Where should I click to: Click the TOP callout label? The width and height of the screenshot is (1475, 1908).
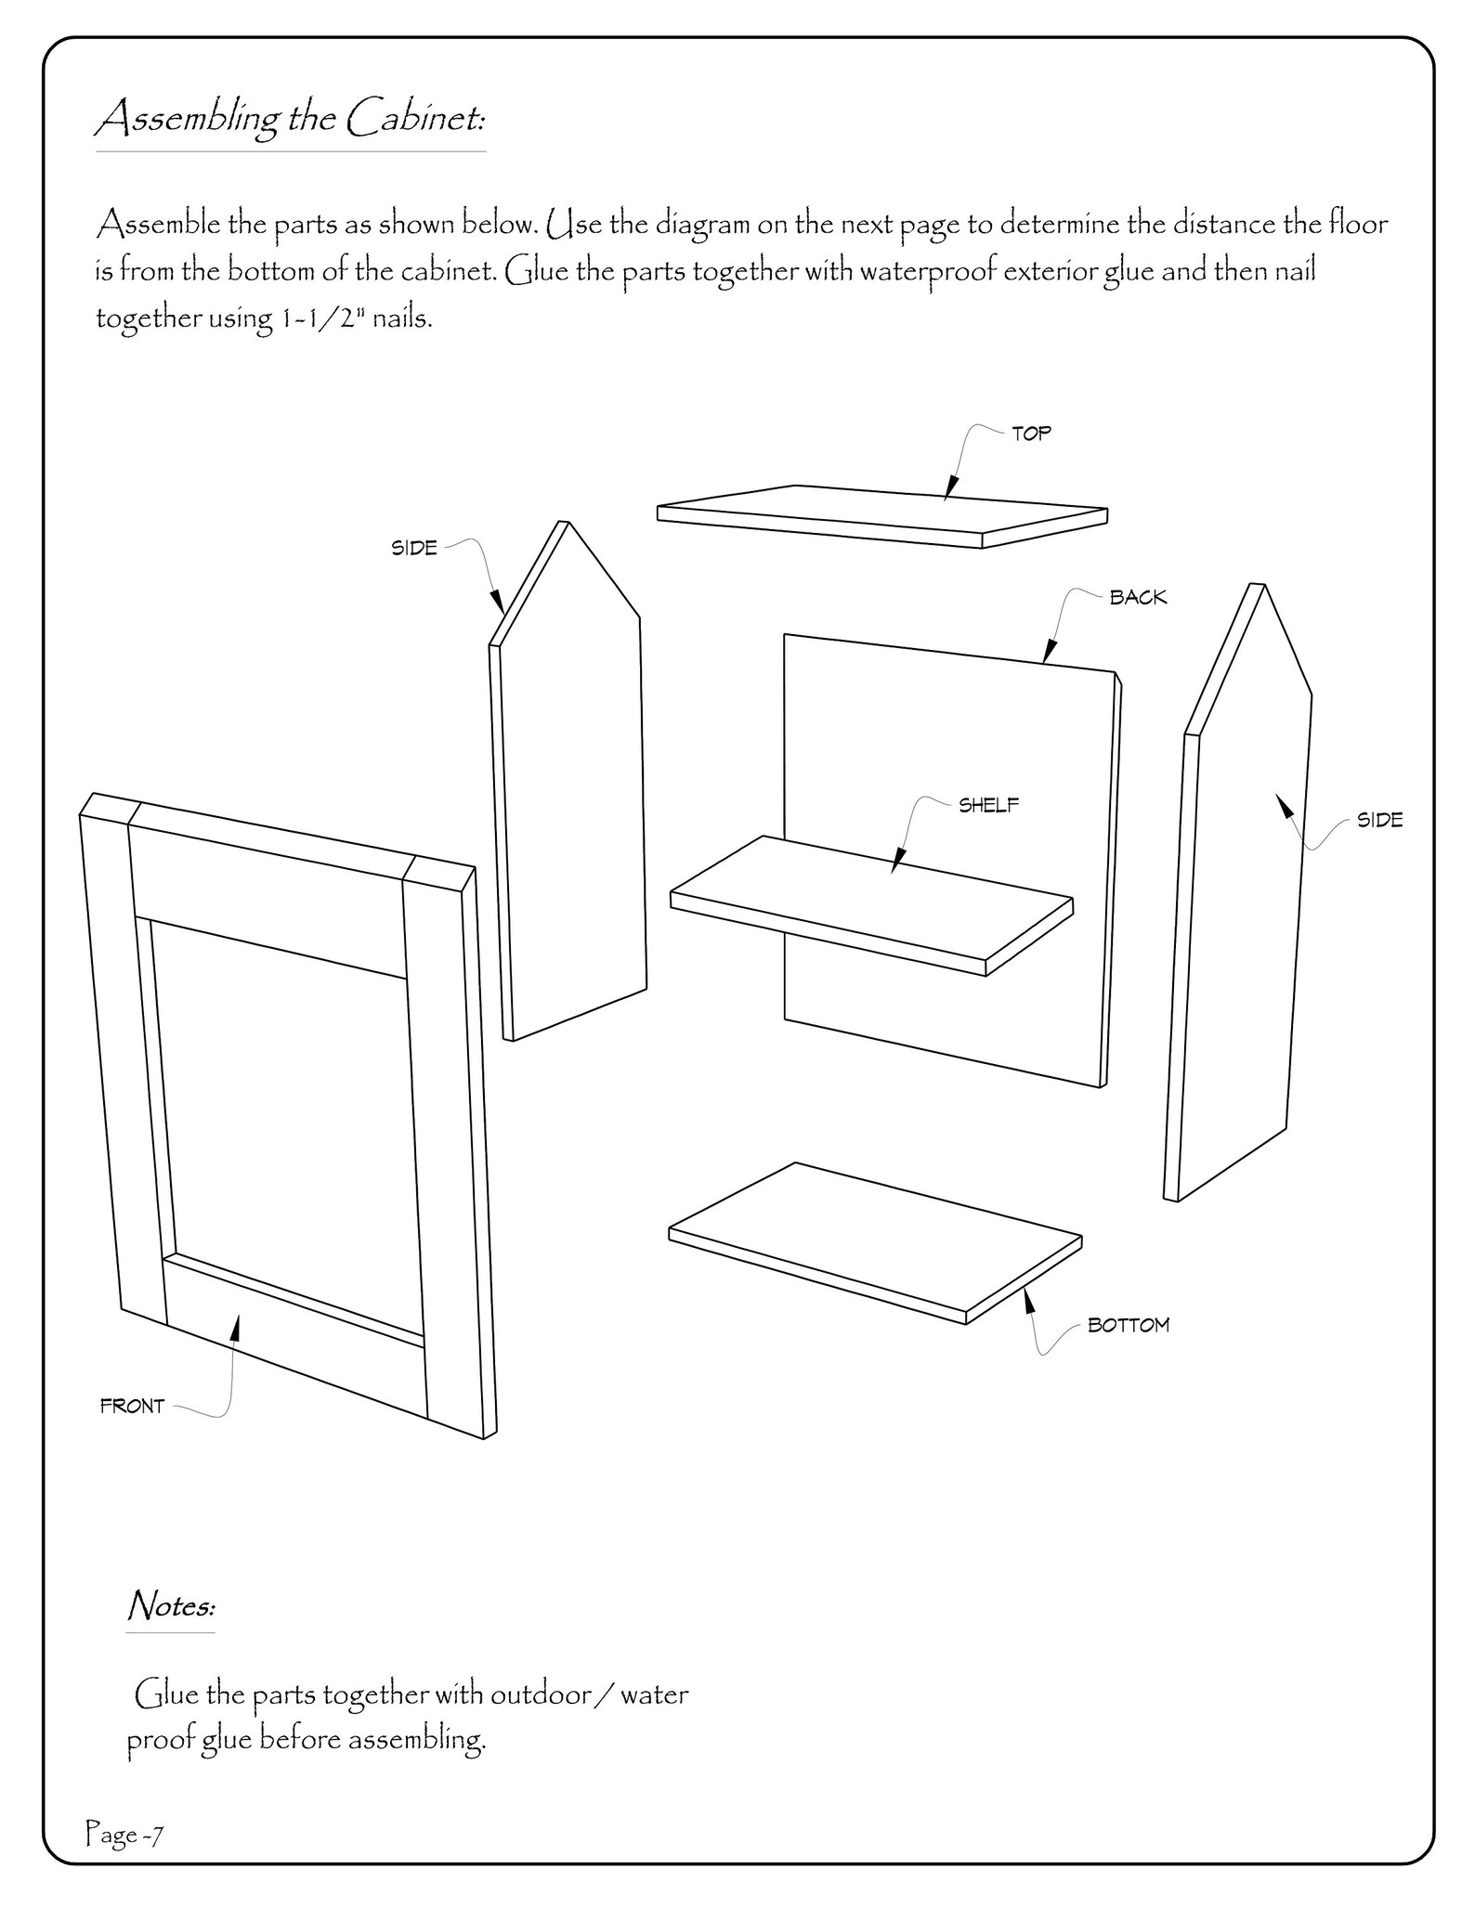coord(1031,434)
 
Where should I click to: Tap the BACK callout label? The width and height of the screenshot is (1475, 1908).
coord(1138,598)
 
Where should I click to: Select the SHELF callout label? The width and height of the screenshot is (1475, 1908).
coord(988,806)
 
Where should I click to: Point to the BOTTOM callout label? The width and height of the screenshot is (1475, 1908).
coord(1128,1326)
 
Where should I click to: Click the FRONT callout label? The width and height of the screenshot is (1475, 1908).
coord(132,1407)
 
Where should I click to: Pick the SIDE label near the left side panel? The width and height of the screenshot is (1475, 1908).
coord(414,548)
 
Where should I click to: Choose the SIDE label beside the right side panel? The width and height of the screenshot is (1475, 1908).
coord(1379,820)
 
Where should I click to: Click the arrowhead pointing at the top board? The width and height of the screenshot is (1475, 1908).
coord(950,489)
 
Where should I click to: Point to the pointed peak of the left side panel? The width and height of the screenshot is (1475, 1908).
coord(565,525)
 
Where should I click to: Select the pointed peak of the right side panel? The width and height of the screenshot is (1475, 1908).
coord(1259,587)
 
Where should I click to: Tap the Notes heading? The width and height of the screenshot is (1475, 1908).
coord(171,1604)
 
